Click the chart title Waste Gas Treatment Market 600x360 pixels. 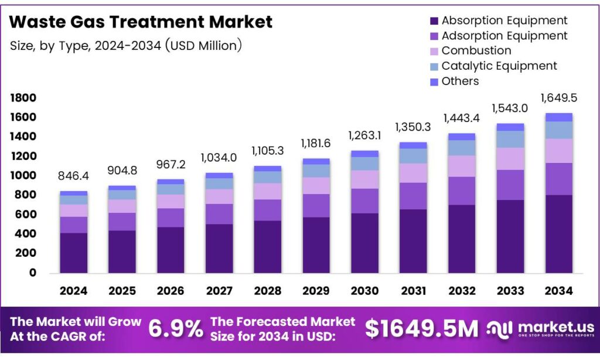pos(141,22)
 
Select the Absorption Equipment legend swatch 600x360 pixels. pos(434,21)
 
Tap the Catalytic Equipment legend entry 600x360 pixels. pos(499,66)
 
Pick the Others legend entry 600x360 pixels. pos(460,81)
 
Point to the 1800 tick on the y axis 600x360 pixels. pos(23,98)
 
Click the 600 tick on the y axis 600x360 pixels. pos(26,215)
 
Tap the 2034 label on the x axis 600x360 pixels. pos(558,291)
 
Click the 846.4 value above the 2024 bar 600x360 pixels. pos(73,176)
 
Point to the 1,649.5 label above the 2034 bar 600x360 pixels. pos(558,98)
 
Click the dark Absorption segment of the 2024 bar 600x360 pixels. pos(73,253)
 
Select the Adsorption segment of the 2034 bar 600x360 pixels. pos(558,179)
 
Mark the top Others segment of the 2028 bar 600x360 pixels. pos(267,168)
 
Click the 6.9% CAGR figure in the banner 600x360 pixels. pos(175,329)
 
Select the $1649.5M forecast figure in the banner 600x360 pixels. pos(421,329)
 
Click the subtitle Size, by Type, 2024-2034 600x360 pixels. pos(126,45)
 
